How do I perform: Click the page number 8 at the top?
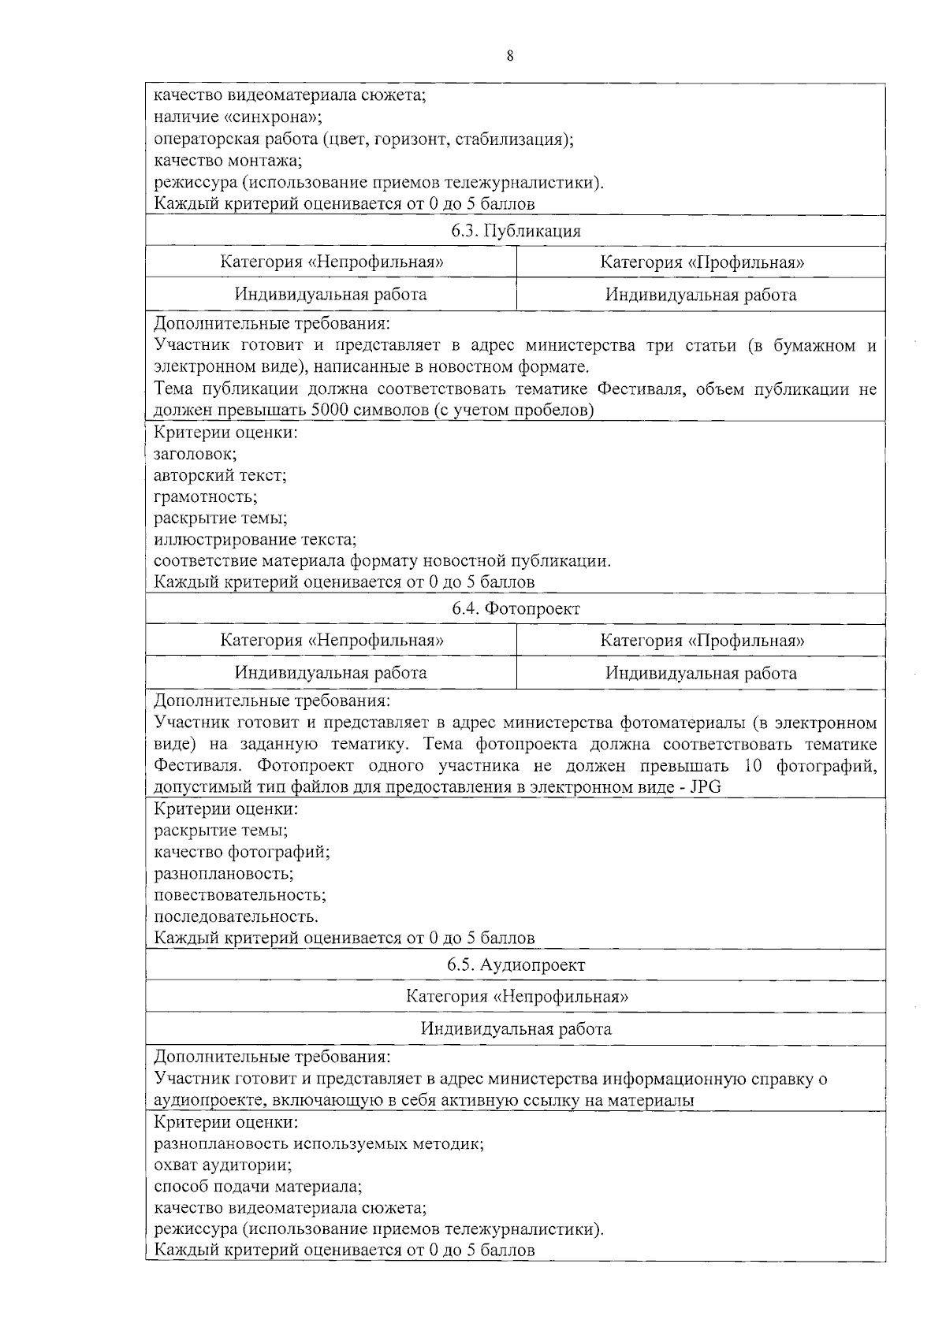click(x=510, y=56)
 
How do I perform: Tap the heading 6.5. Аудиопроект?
click(x=516, y=965)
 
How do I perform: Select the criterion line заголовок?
click(x=195, y=454)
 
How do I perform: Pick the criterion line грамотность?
click(x=205, y=497)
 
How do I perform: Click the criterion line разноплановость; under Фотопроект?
click(x=223, y=874)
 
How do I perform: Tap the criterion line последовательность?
click(x=236, y=917)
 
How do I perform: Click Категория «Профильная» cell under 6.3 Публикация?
click(x=702, y=262)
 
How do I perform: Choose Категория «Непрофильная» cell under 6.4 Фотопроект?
click(x=331, y=640)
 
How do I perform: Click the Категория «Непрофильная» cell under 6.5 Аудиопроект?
click(x=516, y=996)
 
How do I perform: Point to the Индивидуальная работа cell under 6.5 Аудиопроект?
click(x=516, y=1029)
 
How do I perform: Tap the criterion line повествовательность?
click(x=240, y=895)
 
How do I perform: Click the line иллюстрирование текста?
click(x=255, y=540)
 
